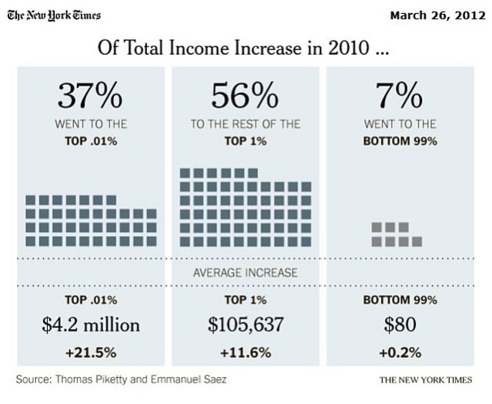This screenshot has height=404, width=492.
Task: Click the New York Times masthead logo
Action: [x=54, y=15]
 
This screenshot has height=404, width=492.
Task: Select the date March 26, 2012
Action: [x=438, y=15]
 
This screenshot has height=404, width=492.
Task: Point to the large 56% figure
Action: [x=245, y=97]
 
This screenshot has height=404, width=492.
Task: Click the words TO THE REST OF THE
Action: [x=245, y=124]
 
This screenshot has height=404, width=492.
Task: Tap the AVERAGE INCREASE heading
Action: [x=245, y=272]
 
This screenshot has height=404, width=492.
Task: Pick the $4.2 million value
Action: [x=91, y=325]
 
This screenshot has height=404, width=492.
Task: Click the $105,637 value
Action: [x=246, y=325]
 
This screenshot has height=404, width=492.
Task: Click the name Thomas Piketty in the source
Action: [x=103, y=379]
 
